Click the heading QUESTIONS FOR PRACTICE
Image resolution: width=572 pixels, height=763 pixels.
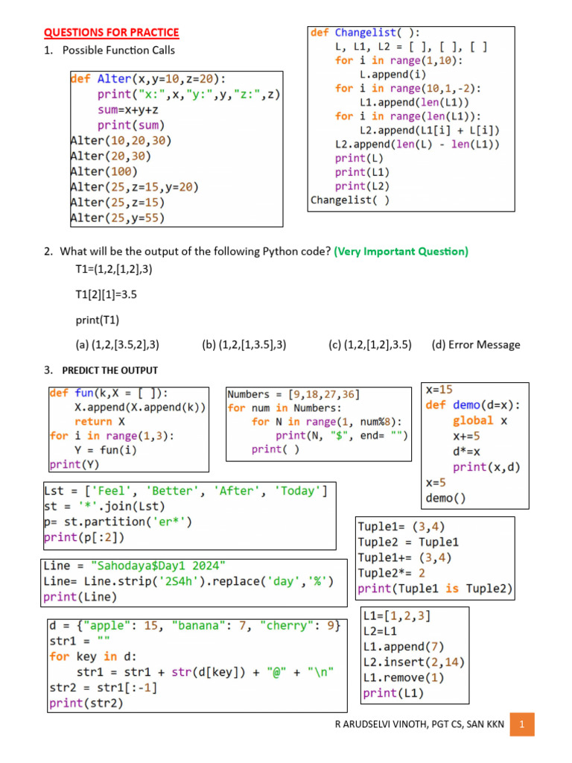[111, 32]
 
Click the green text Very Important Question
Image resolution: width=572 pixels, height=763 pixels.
[401, 252]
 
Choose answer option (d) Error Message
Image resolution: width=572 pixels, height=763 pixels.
[476, 344]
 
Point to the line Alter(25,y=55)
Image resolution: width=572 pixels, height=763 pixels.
[118, 218]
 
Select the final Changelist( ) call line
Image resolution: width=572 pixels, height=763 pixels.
[349, 200]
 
